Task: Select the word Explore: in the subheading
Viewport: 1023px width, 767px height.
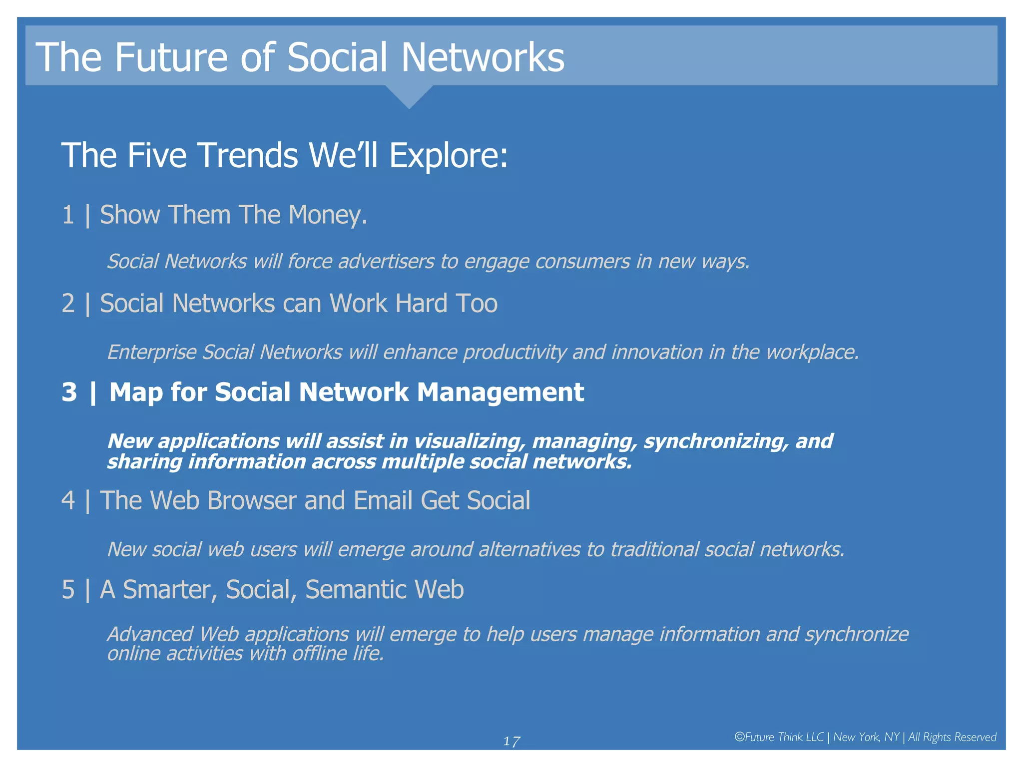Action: pyautogui.click(x=448, y=155)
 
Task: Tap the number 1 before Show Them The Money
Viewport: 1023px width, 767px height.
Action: pyautogui.click(x=68, y=215)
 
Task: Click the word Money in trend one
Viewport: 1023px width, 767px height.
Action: pyautogui.click(x=327, y=215)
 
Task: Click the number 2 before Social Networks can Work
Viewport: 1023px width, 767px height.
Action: pyautogui.click(x=68, y=304)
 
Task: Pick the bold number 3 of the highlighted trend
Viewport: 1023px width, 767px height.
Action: pyautogui.click(x=69, y=392)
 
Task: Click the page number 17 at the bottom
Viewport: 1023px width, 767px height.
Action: pyautogui.click(x=511, y=741)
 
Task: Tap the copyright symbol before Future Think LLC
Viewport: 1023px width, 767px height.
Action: pyautogui.click(x=739, y=737)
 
